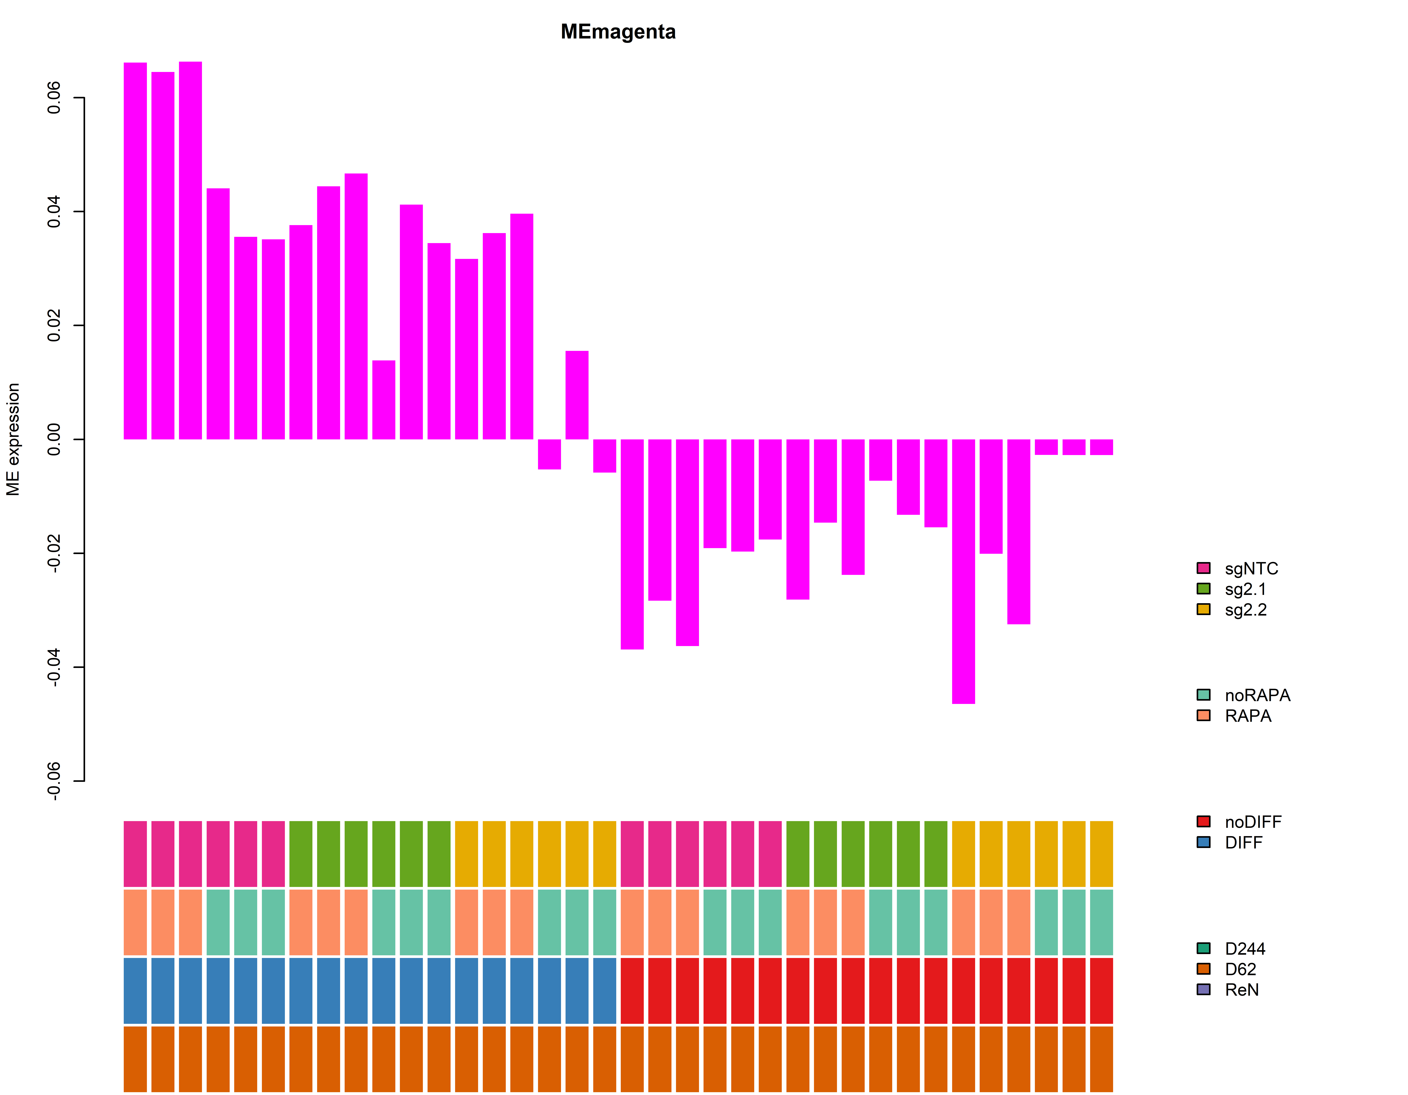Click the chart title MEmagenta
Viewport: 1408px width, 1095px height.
(618, 32)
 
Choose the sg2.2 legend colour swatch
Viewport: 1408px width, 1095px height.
(1203, 609)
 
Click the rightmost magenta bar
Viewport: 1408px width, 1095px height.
(1101, 447)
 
